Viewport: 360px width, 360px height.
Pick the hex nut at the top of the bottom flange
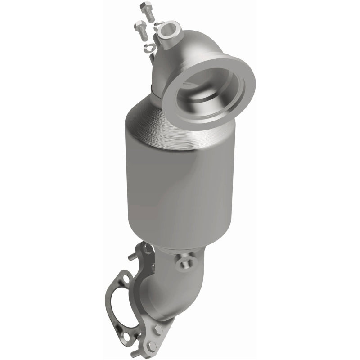(146, 249)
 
